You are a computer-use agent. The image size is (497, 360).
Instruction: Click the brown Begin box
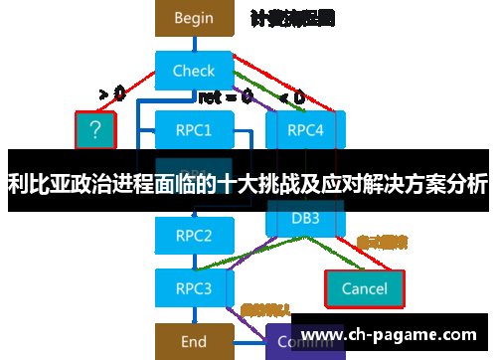coord(194,18)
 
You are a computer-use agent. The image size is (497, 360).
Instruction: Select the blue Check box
coord(194,71)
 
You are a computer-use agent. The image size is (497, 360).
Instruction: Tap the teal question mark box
coord(95,129)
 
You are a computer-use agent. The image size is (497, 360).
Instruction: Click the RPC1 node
coord(194,129)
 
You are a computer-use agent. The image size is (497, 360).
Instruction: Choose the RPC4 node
coord(304,129)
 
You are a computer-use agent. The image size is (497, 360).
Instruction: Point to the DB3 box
coord(304,218)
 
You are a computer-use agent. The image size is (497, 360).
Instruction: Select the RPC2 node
coord(194,236)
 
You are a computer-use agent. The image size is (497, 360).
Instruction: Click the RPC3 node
coord(194,288)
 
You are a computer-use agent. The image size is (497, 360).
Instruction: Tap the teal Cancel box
coord(364,288)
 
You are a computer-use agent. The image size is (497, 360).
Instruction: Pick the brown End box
coord(194,341)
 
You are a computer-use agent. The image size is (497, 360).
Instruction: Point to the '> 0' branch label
coord(111,94)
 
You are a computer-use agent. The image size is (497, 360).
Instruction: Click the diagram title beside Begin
coord(292,18)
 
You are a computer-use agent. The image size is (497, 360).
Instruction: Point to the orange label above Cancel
coord(382,242)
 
